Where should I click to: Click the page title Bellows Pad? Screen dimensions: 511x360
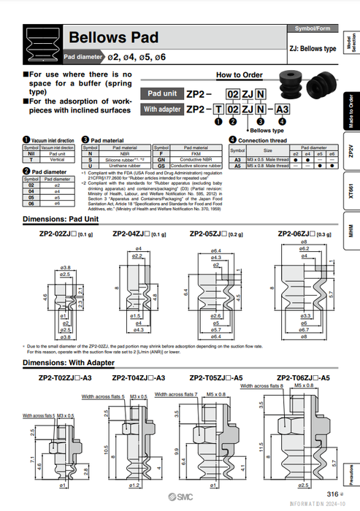(x=114, y=38)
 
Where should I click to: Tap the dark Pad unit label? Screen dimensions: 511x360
(x=161, y=93)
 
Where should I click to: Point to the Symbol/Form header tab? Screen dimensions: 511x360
(x=313, y=28)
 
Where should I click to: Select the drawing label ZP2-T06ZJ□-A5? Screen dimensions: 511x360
(x=305, y=378)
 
